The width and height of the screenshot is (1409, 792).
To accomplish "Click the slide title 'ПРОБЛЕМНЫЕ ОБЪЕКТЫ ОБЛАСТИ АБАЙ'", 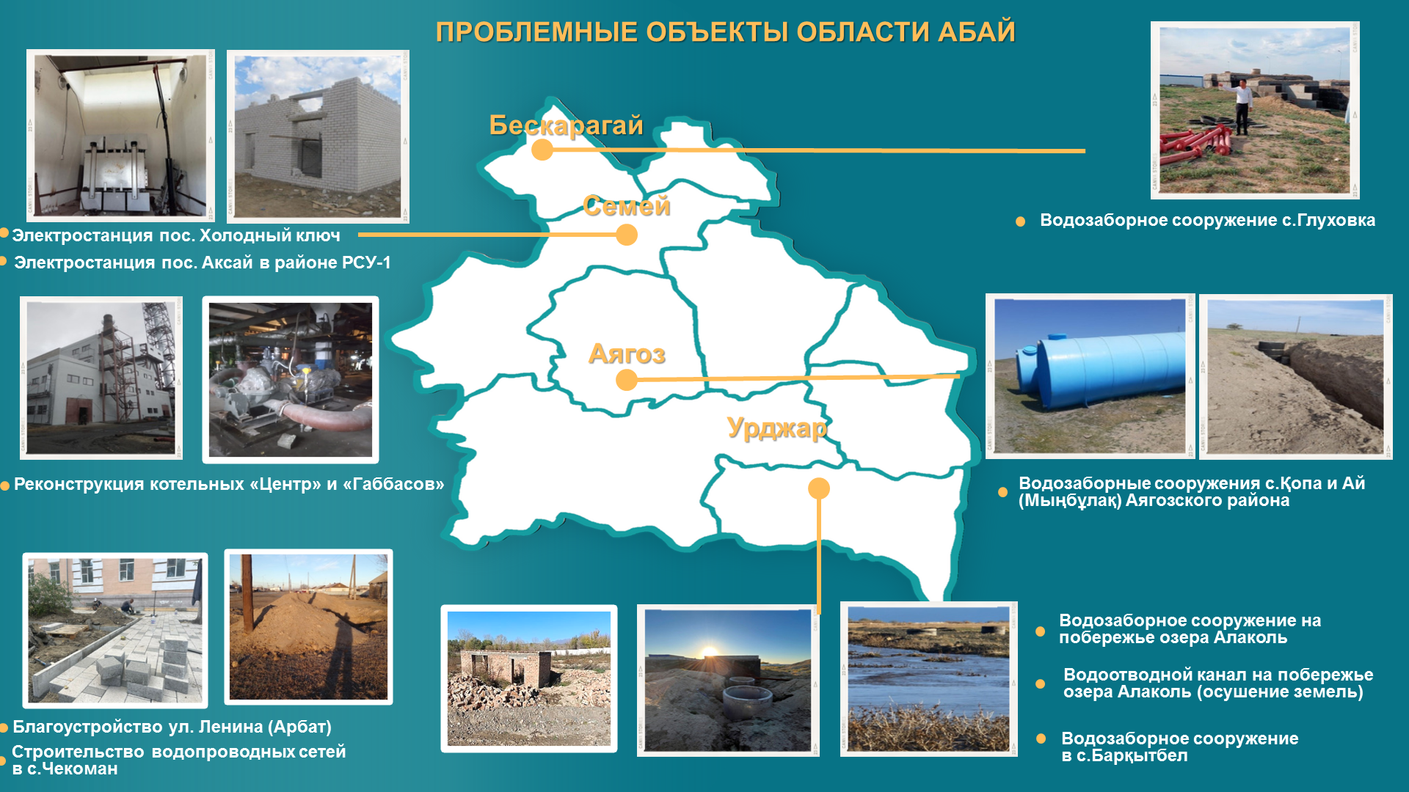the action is click(725, 32).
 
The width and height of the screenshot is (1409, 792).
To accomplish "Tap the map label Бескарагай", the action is click(566, 125).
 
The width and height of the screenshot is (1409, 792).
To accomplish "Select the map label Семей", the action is click(627, 206).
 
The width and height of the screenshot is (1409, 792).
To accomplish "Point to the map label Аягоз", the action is click(627, 354).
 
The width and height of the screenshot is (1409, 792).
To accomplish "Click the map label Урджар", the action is click(776, 428).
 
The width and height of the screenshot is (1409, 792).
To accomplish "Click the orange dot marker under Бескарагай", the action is click(542, 150).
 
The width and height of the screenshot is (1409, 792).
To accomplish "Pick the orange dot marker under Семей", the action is click(627, 235).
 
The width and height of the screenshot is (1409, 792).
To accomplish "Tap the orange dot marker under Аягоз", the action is click(627, 380).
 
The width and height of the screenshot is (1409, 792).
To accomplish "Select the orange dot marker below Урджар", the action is click(819, 488).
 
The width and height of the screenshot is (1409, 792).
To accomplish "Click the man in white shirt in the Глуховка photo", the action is click(1242, 106).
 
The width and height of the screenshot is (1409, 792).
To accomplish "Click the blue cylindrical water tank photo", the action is click(1090, 376).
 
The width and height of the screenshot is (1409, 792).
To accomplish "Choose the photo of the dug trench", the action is click(1296, 377).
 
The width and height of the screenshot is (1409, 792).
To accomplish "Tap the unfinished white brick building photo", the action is click(318, 136).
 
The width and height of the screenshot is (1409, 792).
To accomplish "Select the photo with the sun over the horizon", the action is click(728, 681).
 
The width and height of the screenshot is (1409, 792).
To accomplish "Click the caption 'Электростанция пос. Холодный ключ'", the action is click(176, 235).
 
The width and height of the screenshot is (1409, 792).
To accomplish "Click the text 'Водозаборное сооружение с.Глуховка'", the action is click(1207, 220).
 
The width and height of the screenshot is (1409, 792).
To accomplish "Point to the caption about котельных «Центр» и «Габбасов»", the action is click(229, 484).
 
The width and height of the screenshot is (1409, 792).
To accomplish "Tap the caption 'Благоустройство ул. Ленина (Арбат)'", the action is click(172, 727).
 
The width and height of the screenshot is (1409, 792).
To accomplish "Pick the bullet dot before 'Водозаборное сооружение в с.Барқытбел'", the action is click(1041, 738).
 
